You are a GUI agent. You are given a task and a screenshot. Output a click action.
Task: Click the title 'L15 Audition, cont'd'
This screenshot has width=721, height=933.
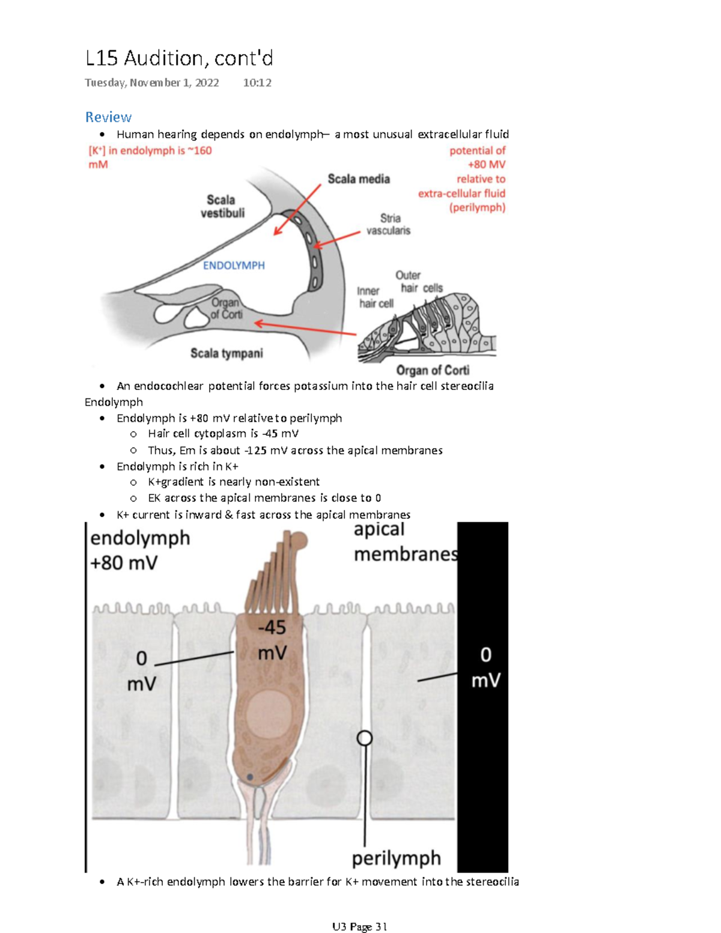click(x=179, y=58)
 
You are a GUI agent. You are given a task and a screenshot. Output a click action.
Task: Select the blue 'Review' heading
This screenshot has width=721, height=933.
click(x=108, y=117)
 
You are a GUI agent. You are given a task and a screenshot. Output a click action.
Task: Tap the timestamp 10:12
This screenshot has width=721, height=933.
click(x=257, y=83)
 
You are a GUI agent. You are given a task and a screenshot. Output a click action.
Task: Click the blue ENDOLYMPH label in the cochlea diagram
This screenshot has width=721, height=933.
click(x=234, y=266)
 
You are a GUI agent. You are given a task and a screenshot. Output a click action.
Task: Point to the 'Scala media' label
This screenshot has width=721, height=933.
click(x=359, y=179)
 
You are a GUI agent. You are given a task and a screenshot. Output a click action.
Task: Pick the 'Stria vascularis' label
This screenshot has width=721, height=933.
click(x=389, y=224)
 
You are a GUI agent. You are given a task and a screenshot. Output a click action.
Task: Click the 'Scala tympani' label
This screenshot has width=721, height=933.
click(x=227, y=353)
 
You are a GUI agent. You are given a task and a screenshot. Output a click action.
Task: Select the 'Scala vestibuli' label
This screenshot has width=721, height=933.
click(x=222, y=206)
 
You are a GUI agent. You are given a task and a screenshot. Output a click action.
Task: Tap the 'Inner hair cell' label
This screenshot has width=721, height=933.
click(x=376, y=297)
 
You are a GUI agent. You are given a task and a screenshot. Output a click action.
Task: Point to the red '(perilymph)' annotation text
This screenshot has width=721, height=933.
click(x=477, y=207)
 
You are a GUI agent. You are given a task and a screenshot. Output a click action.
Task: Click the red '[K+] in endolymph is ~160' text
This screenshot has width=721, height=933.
click(x=150, y=151)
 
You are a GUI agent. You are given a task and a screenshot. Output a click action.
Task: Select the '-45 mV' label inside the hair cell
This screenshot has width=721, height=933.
click(x=272, y=640)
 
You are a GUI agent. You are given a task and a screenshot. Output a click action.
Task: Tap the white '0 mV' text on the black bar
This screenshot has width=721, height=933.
click(x=485, y=667)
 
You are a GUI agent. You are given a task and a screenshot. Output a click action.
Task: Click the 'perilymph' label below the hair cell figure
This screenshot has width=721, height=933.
click(x=396, y=858)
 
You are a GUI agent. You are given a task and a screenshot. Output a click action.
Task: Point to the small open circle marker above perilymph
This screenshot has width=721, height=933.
click(x=365, y=738)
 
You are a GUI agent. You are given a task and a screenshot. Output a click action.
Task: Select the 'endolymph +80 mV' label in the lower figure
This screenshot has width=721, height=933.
click(x=139, y=550)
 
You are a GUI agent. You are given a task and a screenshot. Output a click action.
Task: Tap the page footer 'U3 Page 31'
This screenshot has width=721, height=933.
click(x=359, y=926)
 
